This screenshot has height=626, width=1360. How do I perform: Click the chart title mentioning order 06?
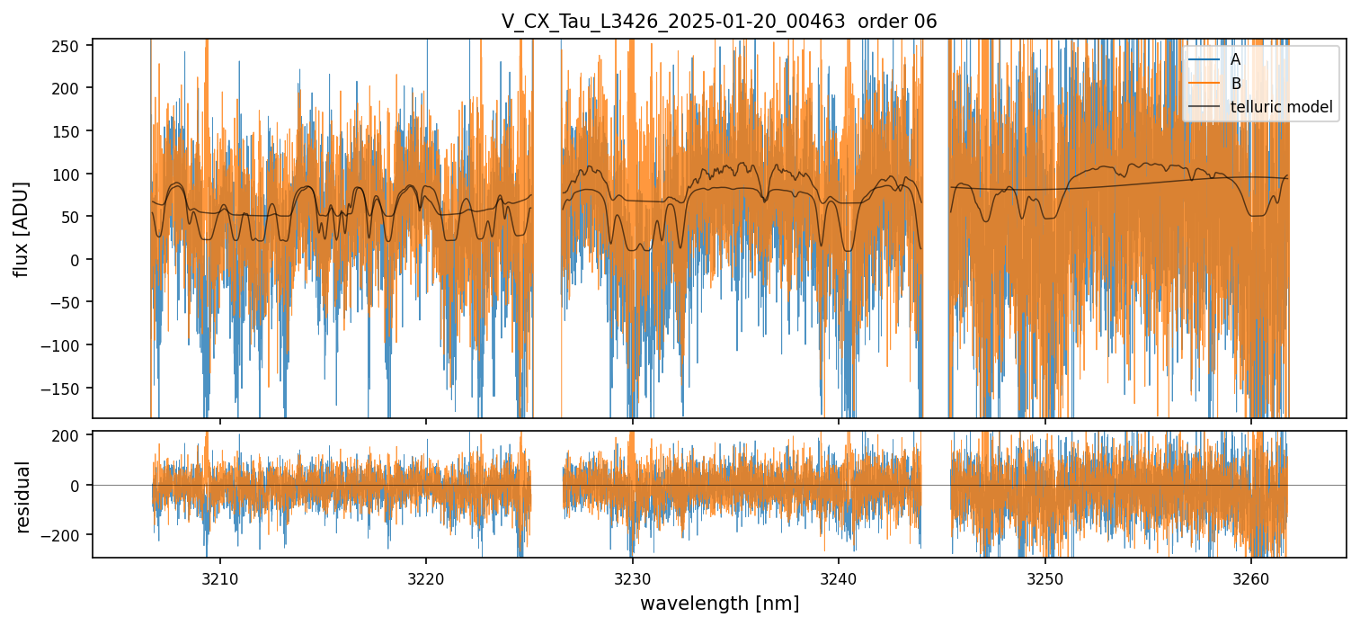pyautogui.click(x=719, y=22)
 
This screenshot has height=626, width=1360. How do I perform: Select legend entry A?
pyautogui.click(x=1235, y=60)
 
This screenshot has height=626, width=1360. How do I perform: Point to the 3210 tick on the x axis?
pyautogui.click(x=220, y=577)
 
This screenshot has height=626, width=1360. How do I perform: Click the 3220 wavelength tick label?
pyautogui.click(x=426, y=577)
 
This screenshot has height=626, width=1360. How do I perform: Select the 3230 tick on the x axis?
pyautogui.click(x=633, y=577)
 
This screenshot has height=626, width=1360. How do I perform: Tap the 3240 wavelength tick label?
pyautogui.click(x=839, y=577)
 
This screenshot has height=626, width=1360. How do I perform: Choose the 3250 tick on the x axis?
pyautogui.click(x=1045, y=577)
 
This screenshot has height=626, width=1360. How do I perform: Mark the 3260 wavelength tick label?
pyautogui.click(x=1251, y=577)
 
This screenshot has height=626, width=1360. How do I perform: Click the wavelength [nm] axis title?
pyautogui.click(x=719, y=603)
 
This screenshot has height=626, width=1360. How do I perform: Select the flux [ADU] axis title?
pyautogui.click(x=21, y=228)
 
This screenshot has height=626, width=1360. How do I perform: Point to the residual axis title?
pyautogui.click(x=22, y=496)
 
